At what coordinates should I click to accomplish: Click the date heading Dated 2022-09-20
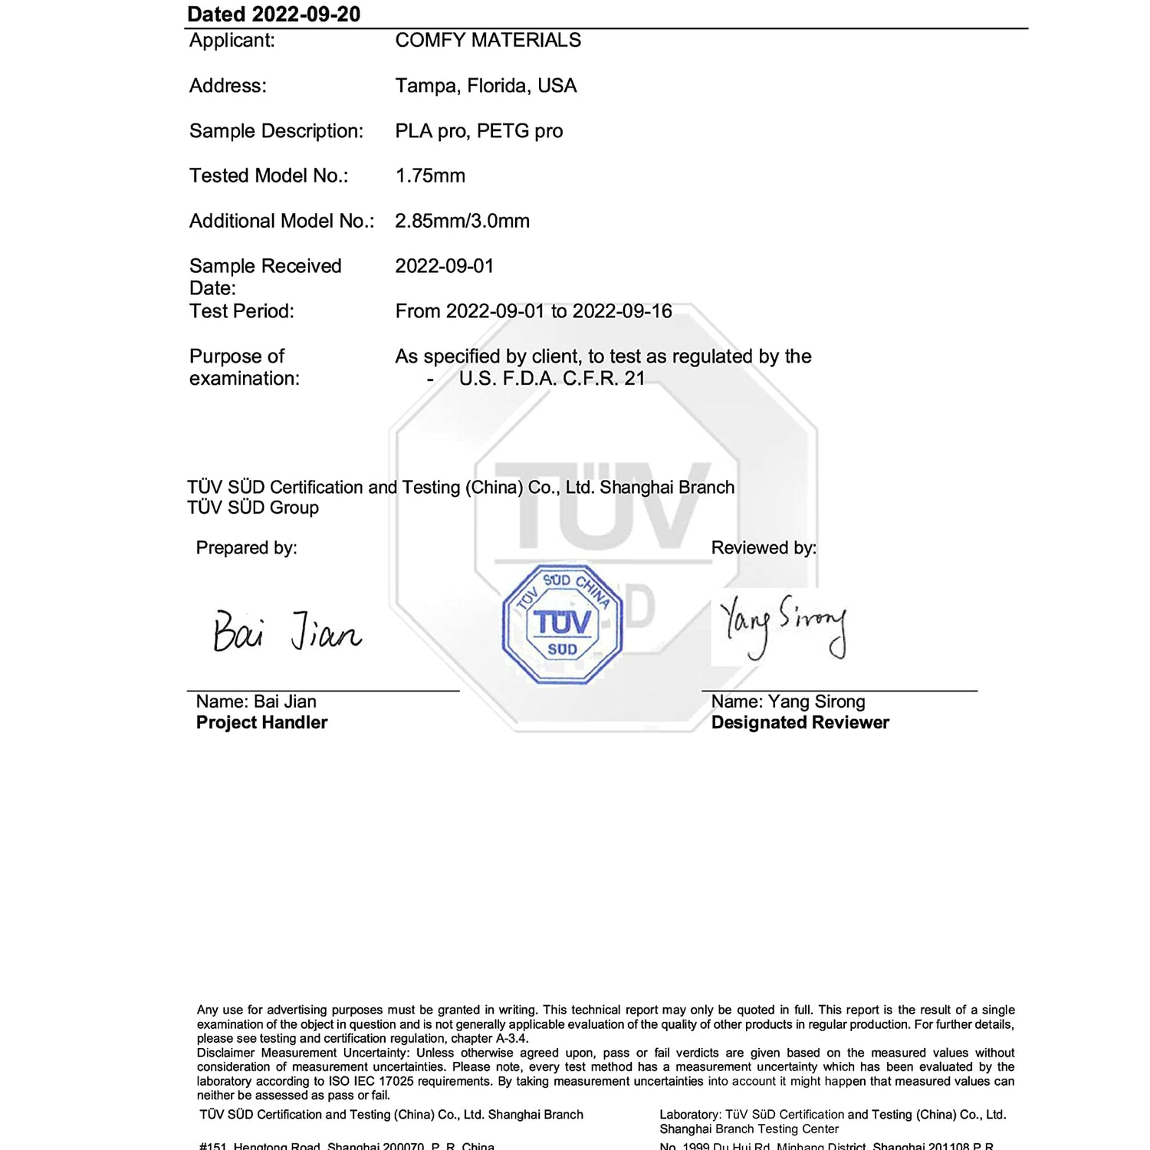click(x=274, y=15)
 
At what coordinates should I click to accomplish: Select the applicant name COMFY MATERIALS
click(x=488, y=41)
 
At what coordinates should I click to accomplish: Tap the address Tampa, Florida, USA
click(x=485, y=86)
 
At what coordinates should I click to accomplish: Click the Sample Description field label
click(x=276, y=131)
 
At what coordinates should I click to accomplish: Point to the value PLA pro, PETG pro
click(x=478, y=131)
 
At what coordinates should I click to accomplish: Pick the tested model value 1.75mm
click(x=430, y=176)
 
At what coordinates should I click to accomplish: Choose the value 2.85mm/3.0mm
click(x=462, y=222)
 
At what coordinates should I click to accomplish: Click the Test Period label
click(x=242, y=311)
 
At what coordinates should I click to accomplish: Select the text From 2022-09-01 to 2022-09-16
click(x=533, y=311)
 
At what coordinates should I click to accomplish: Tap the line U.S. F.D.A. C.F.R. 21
click(x=551, y=379)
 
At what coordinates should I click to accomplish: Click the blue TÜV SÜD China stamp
click(x=562, y=624)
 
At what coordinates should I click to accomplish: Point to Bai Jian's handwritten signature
click(x=287, y=632)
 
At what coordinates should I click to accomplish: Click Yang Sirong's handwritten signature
click(x=783, y=626)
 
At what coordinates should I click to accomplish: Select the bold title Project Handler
click(x=261, y=723)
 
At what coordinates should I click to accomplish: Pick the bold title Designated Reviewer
click(x=800, y=723)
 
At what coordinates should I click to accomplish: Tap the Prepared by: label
click(x=246, y=548)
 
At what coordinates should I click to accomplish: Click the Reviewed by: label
click(x=764, y=548)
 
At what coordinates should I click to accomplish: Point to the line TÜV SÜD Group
click(x=253, y=508)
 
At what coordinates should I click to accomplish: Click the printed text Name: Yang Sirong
click(x=787, y=702)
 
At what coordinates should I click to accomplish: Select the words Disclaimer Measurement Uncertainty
click(x=303, y=1053)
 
